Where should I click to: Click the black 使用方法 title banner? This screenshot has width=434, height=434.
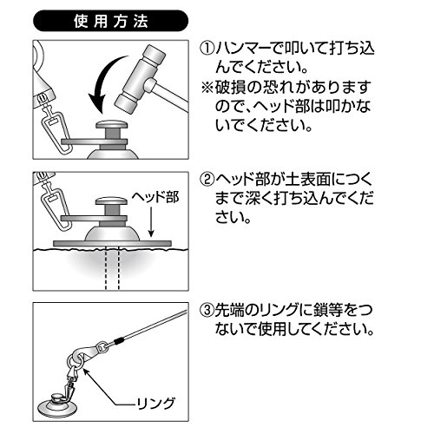[x=111, y=21]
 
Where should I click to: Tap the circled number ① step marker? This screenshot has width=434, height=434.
[x=207, y=49]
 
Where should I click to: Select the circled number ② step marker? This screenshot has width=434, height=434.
[x=207, y=180]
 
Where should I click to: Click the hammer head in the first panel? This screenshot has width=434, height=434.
[x=140, y=78]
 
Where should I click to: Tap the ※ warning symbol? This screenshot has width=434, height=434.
[x=207, y=88]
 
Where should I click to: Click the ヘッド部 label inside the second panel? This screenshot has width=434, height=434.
[x=155, y=198]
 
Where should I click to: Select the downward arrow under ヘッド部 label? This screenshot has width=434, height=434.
[x=151, y=221]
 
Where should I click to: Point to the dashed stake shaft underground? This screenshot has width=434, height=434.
[x=113, y=267]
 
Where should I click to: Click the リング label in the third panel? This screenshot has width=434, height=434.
[x=155, y=403]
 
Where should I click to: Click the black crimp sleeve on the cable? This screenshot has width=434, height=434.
[x=119, y=340]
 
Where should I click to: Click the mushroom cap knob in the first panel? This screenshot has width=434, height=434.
[x=112, y=125]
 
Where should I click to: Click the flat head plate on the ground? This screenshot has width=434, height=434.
[x=112, y=244]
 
